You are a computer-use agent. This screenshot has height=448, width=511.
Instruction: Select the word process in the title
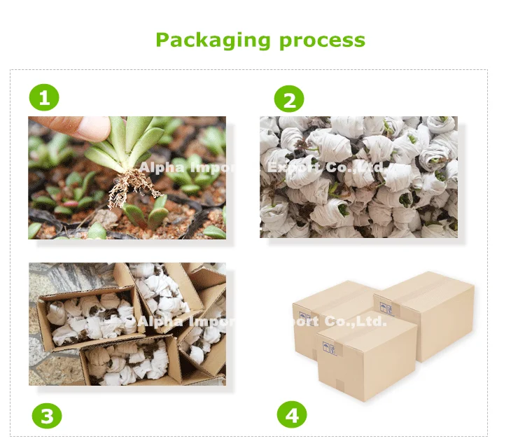point(322,40)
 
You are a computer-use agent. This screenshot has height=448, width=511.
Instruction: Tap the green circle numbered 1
point(44,98)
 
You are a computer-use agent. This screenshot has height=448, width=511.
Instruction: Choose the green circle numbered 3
point(46,417)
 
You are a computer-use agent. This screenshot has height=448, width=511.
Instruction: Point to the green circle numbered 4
point(292,415)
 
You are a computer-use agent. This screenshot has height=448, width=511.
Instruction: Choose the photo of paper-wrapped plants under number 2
point(358,176)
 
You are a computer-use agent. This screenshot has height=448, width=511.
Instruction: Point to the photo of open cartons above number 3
point(127,323)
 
